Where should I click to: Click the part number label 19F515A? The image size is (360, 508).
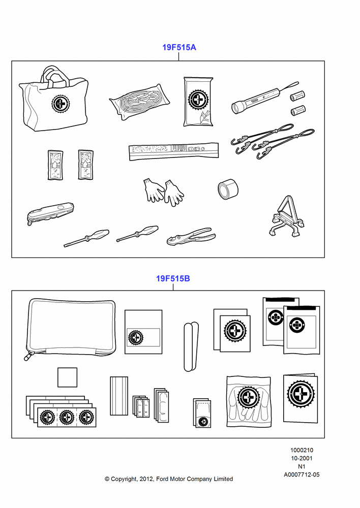(x=179, y=47)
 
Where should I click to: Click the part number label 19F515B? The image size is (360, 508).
(x=173, y=278)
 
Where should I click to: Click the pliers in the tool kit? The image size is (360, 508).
(x=191, y=236)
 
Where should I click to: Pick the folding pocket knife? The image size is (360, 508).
(x=50, y=213)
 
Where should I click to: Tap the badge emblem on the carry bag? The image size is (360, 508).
(x=61, y=104)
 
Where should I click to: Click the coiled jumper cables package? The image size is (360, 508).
(x=139, y=102)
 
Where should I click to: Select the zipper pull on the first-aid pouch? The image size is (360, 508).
(x=28, y=356)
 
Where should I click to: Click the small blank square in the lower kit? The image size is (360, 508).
(x=68, y=377)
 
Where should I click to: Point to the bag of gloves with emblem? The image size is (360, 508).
(x=249, y=401)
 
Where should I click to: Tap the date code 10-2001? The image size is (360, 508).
(x=302, y=458)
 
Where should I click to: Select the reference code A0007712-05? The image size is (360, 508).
(x=302, y=474)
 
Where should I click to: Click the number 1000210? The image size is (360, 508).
(x=302, y=450)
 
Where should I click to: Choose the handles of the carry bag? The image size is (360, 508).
(x=54, y=76)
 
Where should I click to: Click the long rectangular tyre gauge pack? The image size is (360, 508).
(x=173, y=151)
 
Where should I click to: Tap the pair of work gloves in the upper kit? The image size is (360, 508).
(x=163, y=192)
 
